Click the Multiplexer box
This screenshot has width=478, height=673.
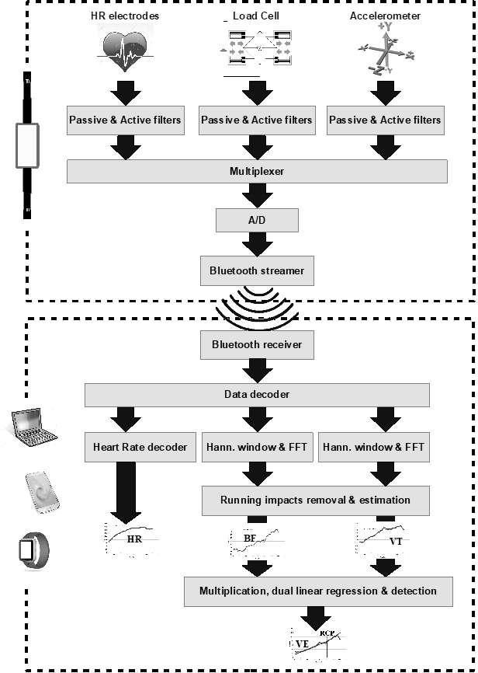(257, 171)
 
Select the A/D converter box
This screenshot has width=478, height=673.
(257, 221)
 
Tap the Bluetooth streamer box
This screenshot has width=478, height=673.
(257, 270)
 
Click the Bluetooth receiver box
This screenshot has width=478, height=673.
(257, 343)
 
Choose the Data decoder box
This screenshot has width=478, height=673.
(257, 394)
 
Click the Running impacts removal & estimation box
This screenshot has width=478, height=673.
(315, 500)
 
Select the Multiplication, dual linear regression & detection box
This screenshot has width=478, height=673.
(318, 591)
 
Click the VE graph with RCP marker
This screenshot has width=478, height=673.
(318, 644)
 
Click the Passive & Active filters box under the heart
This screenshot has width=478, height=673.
(126, 120)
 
